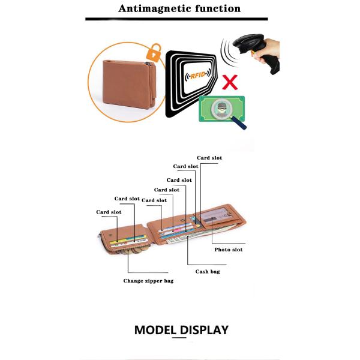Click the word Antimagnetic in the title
pos(155,9)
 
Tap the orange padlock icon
pos(154,53)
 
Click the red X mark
pos(230,82)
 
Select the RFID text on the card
pos(197,75)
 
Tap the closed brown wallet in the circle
pos(129,84)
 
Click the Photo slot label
pos(229,250)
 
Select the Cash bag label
pos(208,272)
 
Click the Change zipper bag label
pos(149,281)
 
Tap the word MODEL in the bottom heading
pos(155,330)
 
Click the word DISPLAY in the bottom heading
pos(204,330)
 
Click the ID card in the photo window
pos(215,217)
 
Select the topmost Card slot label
pos(209,158)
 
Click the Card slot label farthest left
pos(109,212)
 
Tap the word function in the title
pos(218,9)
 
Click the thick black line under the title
pos(176,19)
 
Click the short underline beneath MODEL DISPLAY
pos(179,337)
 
